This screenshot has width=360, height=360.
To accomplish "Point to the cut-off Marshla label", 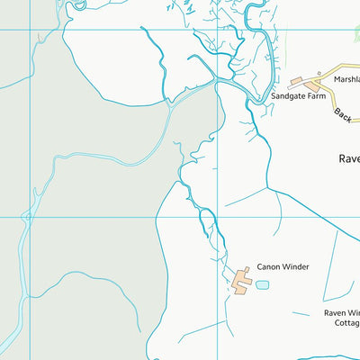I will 346,78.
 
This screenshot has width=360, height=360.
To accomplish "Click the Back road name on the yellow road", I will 341,113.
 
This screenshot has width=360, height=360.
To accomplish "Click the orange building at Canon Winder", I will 242,280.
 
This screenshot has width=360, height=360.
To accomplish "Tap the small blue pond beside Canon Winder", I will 262,284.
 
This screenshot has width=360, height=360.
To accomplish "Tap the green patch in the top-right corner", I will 356,33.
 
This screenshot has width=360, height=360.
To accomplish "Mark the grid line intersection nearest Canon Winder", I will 218,217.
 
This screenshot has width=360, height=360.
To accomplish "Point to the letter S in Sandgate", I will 273,94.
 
